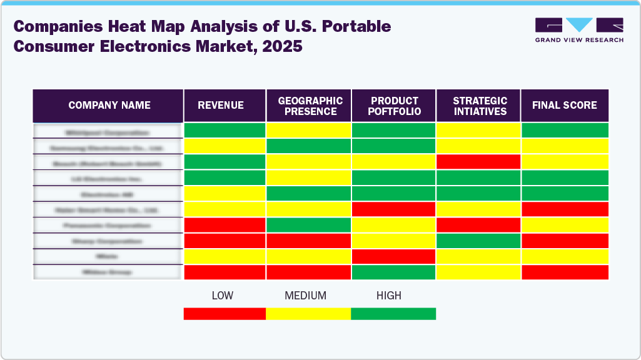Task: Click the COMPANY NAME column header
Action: pyautogui.click(x=109, y=106)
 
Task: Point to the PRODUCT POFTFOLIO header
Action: pyautogui.click(x=394, y=106)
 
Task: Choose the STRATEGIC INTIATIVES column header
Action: pyautogui.click(x=479, y=106)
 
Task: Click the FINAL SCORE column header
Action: pyautogui.click(x=564, y=106)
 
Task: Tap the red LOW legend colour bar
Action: pyautogui.click(x=225, y=314)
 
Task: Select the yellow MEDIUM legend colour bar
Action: pyautogui.click(x=308, y=314)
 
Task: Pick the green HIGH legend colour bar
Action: pyautogui.click(x=393, y=314)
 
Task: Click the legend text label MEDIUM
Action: pyautogui.click(x=305, y=296)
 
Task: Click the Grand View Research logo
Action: pyautogui.click(x=579, y=30)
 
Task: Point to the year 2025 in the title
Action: pyautogui.click(x=282, y=47)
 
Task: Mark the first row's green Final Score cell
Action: pyautogui.click(x=564, y=131)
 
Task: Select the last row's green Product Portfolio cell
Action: pyautogui.click(x=394, y=272)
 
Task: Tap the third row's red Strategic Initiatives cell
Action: pyautogui.click(x=479, y=162)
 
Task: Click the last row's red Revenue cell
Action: pyautogui.click(x=225, y=272)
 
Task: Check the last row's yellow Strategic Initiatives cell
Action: pyautogui.click(x=479, y=272)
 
